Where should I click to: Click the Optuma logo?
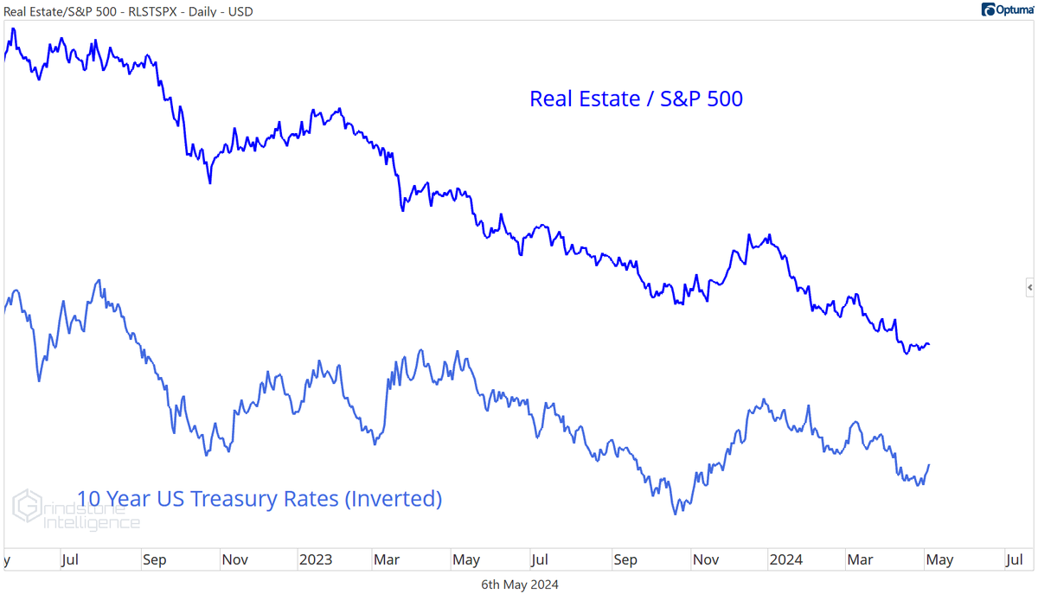(1007, 10)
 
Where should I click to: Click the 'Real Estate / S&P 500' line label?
(636, 99)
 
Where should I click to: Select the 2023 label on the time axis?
(315, 559)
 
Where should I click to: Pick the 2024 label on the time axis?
(785, 559)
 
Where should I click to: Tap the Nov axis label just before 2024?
(706, 559)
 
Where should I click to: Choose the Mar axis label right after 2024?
(860, 559)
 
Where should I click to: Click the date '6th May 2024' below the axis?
(519, 584)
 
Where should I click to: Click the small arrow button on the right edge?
(1029, 286)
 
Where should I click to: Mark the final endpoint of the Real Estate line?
(929, 345)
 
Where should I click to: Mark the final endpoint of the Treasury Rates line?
(929, 465)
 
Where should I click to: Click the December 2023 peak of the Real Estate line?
(748, 234)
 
